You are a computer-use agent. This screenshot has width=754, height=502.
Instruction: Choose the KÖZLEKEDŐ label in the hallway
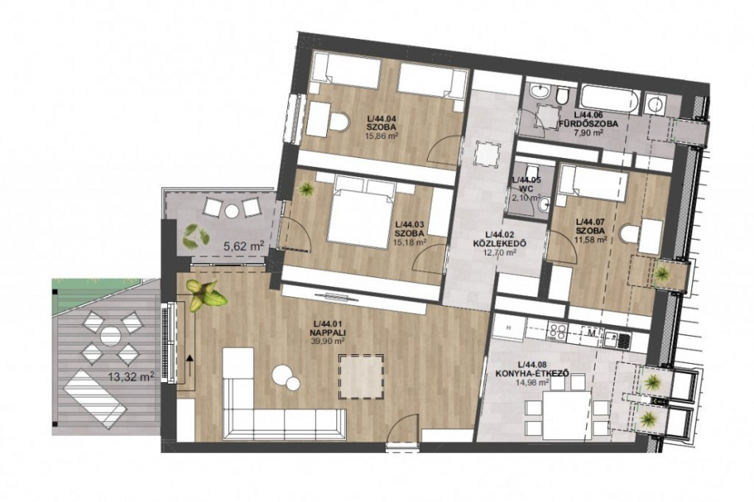coord(499,243)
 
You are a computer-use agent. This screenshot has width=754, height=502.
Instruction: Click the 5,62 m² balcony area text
coord(244,247)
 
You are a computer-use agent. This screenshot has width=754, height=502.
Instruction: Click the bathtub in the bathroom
coord(609,98)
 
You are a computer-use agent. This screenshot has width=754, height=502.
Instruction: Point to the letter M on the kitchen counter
coord(592,332)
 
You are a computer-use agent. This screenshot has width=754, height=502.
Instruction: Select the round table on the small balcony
coord(232,210)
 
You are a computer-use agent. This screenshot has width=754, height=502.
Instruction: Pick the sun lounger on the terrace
coord(95,398)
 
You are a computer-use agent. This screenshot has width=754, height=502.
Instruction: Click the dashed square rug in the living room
coord(360,376)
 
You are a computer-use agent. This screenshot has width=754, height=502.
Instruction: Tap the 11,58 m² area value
coord(592,239)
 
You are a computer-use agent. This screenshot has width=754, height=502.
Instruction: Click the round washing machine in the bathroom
coord(655,103)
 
